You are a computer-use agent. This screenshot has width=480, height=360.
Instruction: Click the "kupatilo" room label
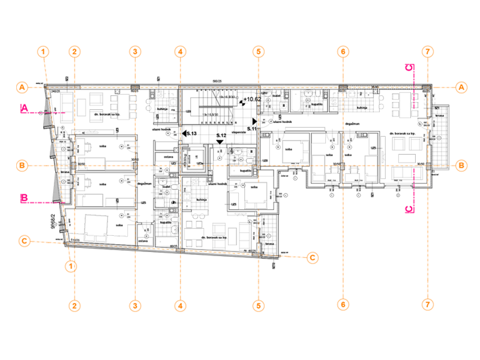[245, 171]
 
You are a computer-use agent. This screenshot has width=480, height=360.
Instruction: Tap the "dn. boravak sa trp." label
[107, 112]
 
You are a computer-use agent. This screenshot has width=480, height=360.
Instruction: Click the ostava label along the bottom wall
[143, 241]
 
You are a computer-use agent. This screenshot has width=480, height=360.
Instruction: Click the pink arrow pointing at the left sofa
[57, 112]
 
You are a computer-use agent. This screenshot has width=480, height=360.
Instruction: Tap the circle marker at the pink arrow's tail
[41, 112]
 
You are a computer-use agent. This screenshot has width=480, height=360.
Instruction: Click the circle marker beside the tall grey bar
[439, 138]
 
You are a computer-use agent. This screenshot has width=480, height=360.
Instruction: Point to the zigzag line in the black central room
[215, 108]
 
